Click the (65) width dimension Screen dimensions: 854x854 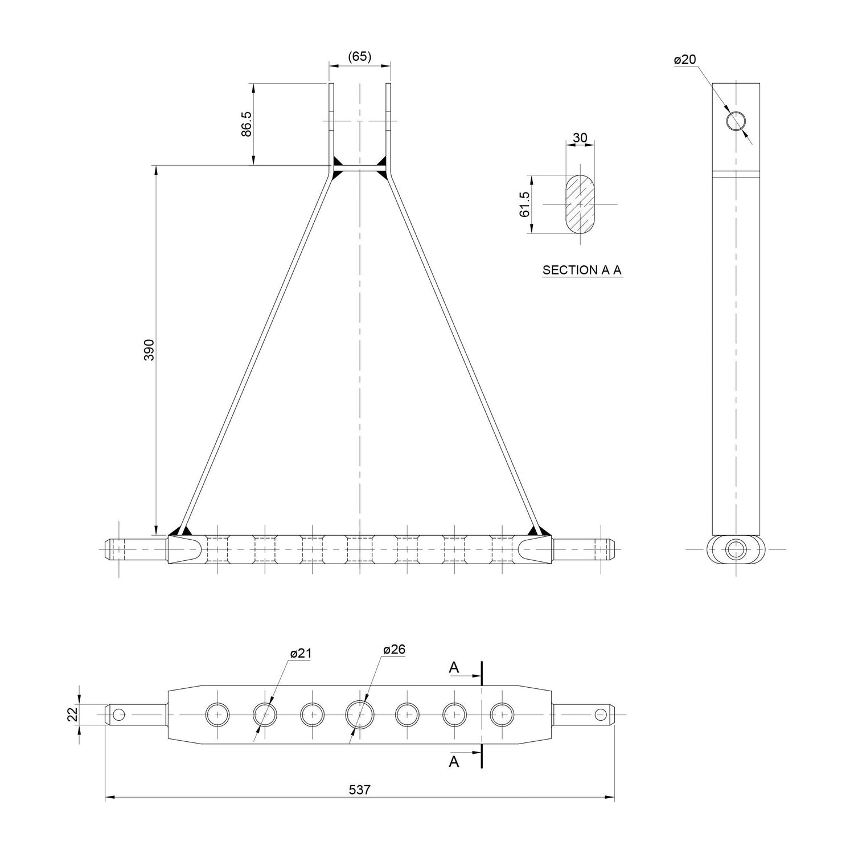[359, 56]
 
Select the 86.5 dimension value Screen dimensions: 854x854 [246, 124]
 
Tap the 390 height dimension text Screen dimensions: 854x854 [149, 350]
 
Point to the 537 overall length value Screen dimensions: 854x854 [359, 790]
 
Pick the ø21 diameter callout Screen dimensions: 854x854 [301, 654]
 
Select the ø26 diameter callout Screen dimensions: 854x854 [394, 650]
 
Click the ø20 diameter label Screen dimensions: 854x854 [684, 59]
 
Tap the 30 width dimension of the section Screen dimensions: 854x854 [580, 138]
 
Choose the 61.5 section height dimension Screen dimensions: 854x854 [524, 204]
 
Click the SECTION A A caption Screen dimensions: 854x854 [582, 270]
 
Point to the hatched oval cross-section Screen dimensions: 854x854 [580, 204]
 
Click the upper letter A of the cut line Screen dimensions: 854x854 [454, 667]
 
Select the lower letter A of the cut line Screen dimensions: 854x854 [454, 761]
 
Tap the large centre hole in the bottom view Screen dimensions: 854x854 [359, 714]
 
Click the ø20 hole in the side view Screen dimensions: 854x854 [737, 121]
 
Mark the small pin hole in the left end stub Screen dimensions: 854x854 [118, 714]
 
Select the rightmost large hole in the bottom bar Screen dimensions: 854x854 [502, 714]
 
